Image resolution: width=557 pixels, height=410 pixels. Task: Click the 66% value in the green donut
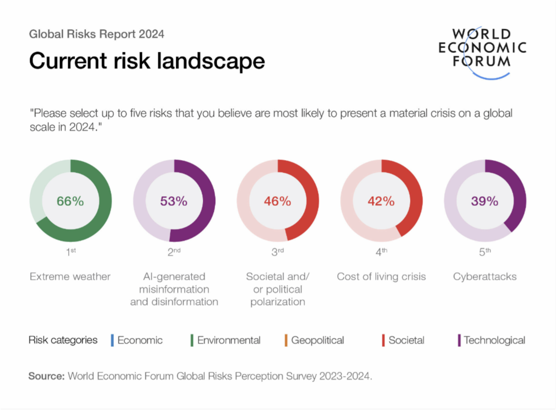point(70,201)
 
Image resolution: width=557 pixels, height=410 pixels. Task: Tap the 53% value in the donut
point(174,201)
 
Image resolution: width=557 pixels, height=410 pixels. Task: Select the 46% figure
point(278,201)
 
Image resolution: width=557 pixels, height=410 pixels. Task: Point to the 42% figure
point(381,201)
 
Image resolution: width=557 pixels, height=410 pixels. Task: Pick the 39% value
point(485,201)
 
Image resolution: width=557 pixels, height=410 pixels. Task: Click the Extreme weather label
point(70,277)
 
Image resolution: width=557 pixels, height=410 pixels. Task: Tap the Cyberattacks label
point(485,277)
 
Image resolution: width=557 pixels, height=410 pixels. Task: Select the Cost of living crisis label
point(381,277)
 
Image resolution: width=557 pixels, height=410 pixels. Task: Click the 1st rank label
point(70,252)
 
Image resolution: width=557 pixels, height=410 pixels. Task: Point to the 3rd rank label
point(278,252)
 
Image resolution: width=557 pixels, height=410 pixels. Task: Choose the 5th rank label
point(485,252)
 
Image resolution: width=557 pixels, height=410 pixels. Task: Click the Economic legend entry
point(140,340)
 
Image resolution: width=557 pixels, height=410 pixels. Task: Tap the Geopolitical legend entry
point(317,340)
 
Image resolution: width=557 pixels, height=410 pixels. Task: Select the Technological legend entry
point(494,340)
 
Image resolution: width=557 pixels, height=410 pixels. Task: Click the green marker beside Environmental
point(192,340)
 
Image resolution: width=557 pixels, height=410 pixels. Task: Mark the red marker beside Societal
point(383,340)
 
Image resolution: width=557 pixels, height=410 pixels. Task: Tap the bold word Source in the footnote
point(46,376)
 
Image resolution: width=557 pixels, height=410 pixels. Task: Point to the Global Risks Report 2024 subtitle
point(97,34)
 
